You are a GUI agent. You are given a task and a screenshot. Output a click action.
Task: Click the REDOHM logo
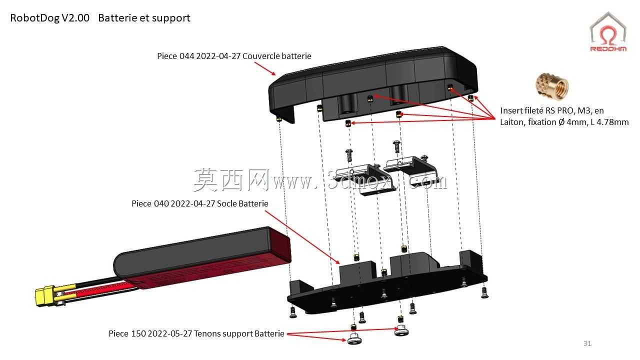coord(608,32)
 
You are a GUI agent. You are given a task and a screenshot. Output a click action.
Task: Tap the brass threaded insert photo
coord(551,86)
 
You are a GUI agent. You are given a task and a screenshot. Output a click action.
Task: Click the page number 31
coord(587,343)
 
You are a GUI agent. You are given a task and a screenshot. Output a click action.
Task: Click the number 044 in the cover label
coord(186,56)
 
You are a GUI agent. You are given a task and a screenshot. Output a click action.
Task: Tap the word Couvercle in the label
coord(260,56)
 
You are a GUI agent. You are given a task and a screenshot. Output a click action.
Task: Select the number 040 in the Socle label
coord(161,203)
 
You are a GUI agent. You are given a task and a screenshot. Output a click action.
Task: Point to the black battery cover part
coord(373,85)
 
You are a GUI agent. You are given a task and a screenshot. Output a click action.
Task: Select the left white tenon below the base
coord(354,339)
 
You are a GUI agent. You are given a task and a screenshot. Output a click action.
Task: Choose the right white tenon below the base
coord(401,331)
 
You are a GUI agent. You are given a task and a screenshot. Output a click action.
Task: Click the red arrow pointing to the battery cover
coord(265,69)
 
